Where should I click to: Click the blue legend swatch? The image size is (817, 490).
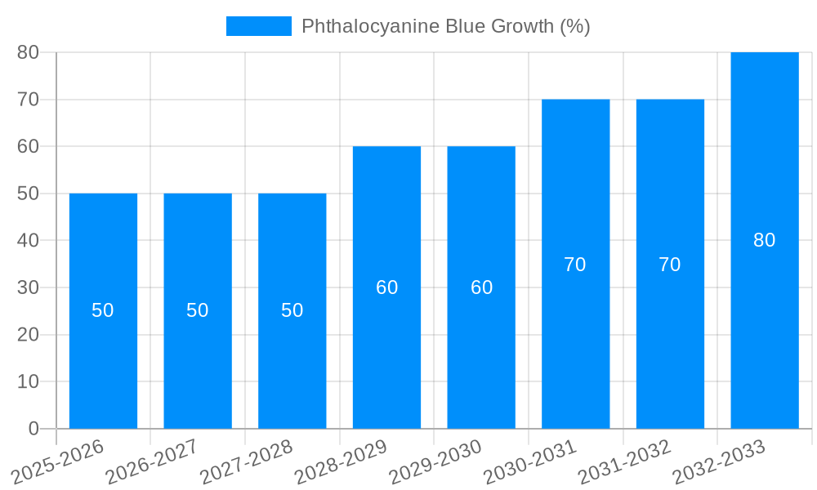coord(258,26)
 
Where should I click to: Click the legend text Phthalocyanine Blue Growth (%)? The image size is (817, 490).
coord(445,26)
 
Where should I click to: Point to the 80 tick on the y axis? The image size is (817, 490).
coord(29,52)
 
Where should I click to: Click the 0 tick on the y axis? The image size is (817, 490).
coord(33,429)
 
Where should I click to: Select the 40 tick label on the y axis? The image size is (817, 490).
coord(29,241)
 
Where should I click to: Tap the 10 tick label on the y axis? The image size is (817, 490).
coord(29,382)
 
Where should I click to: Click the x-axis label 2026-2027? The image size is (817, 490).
coord(152,461)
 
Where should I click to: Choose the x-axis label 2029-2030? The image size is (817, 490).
coord(435,461)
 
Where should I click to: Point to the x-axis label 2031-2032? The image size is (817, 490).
coord(625,461)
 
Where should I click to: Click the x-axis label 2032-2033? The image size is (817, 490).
coord(719,461)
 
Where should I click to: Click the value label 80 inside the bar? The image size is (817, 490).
coord(765,240)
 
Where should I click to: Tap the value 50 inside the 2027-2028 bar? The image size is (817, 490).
coord(292,310)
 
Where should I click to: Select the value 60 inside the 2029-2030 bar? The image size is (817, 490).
coord(481,287)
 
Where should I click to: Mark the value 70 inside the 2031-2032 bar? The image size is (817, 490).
coord(670,265)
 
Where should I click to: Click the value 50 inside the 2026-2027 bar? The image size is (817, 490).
coord(198,310)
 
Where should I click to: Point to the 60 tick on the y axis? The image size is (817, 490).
coord(29,147)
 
